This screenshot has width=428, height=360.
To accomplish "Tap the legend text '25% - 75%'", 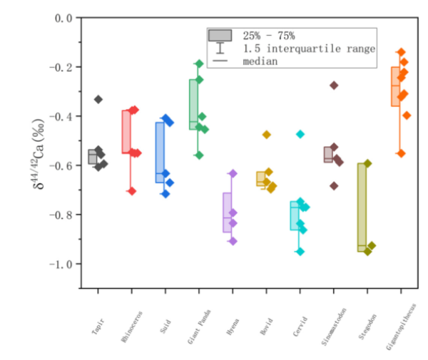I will (269, 36).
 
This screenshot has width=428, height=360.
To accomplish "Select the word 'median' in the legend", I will (260, 61).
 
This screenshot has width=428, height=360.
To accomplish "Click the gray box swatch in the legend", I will (220, 36).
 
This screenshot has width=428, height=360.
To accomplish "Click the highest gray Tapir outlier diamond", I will (98, 99).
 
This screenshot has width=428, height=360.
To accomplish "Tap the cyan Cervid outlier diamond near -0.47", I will (300, 134).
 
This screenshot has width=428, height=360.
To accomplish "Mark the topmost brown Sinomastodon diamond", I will (334, 86).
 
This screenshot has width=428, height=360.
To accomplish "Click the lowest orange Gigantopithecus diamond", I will (401, 153).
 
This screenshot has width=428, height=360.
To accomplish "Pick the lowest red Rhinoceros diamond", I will (131, 191).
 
